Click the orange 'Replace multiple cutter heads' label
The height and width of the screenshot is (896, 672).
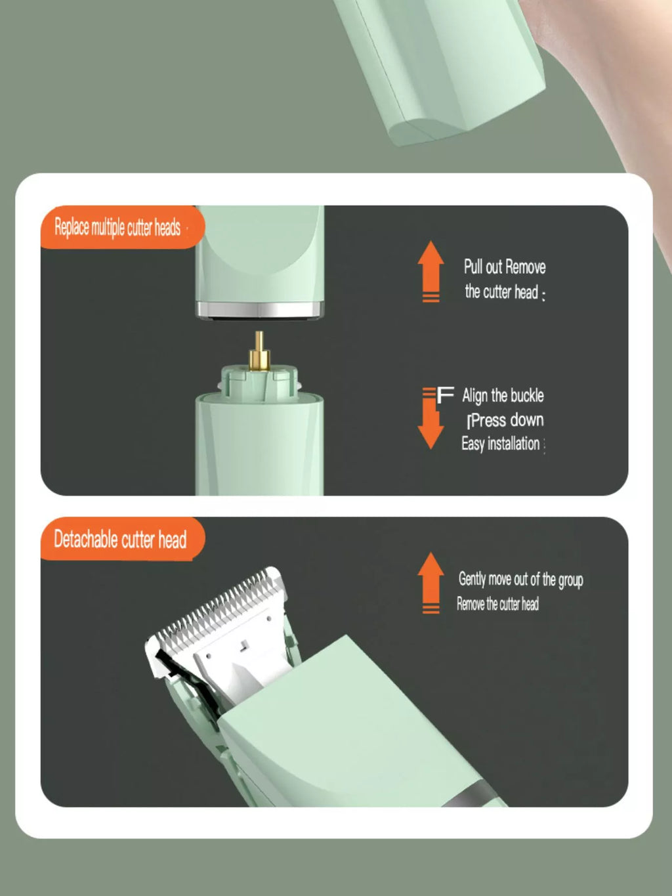tap(123, 227)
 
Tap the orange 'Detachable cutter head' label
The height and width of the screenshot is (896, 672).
tap(123, 539)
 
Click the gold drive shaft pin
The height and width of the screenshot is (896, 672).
tap(259, 351)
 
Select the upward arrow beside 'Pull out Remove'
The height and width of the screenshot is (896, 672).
tap(431, 272)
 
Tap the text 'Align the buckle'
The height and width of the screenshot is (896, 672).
tap(503, 396)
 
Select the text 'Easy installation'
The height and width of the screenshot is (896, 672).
tap(501, 444)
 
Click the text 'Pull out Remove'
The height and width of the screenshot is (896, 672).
tap(505, 267)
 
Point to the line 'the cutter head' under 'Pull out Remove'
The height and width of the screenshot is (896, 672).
tap(502, 292)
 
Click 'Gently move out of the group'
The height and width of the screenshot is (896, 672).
tap(521, 579)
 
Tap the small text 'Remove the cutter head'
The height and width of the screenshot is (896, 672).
tap(498, 604)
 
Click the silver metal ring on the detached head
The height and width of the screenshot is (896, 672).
tap(260, 309)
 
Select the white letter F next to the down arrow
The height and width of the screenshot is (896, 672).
tap(445, 395)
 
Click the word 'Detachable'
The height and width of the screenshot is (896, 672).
tap(86, 539)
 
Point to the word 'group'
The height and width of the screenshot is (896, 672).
tap(571, 580)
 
